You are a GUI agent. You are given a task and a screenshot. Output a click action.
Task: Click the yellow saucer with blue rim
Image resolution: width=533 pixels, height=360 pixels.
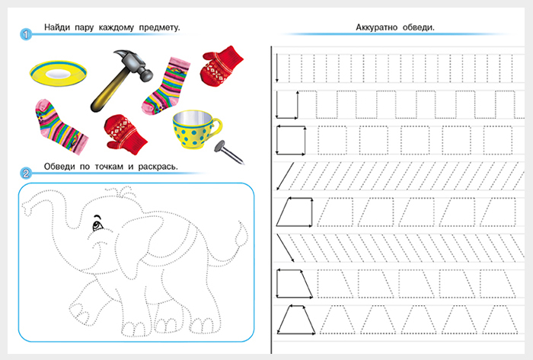tap(58, 73)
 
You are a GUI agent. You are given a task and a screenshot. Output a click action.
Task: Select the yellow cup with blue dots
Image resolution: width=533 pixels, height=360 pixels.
tap(196, 130)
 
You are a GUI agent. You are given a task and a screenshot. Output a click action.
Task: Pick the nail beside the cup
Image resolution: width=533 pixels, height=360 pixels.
tap(228, 152)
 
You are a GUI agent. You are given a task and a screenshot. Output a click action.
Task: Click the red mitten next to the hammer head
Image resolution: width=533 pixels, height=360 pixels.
tap(221, 66)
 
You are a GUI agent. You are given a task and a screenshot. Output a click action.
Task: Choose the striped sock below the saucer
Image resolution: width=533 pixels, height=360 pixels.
tap(60, 126)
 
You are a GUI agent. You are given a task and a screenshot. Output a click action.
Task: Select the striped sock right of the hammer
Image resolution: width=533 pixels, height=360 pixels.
tap(166, 86)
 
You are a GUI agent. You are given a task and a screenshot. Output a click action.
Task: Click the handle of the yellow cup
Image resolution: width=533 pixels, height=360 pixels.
tap(215, 127)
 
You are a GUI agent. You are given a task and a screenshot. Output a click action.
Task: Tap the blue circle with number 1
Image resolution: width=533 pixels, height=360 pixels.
tap(26, 34)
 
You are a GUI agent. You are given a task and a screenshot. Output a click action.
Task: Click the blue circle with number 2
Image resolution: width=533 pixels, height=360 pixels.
tap(26, 174)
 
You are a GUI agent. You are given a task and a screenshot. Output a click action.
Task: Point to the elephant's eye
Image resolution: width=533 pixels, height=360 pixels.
tap(98, 225)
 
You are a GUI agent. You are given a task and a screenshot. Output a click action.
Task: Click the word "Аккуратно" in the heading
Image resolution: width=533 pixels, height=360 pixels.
tap(376, 27)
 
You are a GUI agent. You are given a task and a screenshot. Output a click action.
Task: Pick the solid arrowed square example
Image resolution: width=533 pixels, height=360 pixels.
tap(291, 140)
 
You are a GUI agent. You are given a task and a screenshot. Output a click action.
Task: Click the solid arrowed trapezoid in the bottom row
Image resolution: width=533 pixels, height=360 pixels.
tap(295, 320)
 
